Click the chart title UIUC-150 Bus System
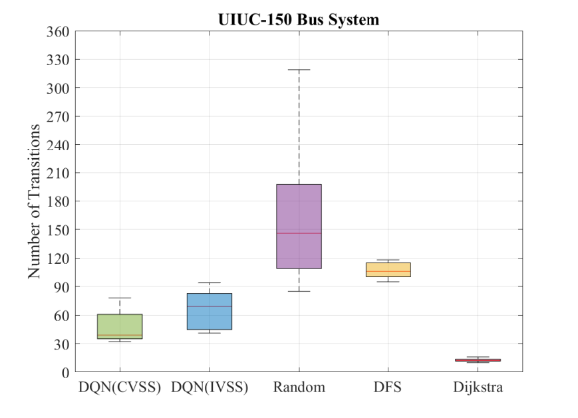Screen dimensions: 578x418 click(x=299, y=19)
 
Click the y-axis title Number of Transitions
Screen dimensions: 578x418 click(x=34, y=201)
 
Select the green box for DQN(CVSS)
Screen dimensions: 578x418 click(x=120, y=326)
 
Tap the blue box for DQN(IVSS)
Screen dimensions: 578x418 click(x=210, y=311)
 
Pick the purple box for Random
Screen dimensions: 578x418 click(x=299, y=226)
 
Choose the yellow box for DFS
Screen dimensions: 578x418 click(x=388, y=270)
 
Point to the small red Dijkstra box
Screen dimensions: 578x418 click(x=478, y=360)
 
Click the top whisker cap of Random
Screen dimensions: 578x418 click(x=299, y=70)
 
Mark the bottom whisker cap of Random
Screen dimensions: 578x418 click(x=299, y=291)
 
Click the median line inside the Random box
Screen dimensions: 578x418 click(x=299, y=233)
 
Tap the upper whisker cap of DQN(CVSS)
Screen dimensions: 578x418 click(x=120, y=298)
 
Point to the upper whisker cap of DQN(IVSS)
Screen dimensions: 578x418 click(x=210, y=283)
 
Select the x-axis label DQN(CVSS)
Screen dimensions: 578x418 click(x=120, y=387)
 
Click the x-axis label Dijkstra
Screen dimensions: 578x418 click(x=478, y=387)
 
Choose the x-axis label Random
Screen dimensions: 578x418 click(x=299, y=387)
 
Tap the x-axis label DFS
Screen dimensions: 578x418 click(x=387, y=387)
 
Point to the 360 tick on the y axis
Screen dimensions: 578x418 click(x=58, y=32)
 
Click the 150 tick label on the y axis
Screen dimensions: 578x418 click(x=58, y=230)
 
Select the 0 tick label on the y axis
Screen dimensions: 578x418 click(x=66, y=373)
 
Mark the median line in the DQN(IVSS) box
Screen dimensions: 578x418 click(x=210, y=306)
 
